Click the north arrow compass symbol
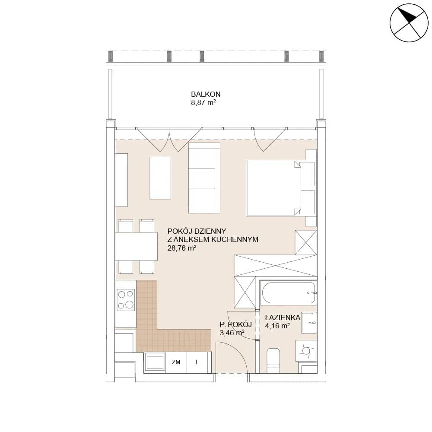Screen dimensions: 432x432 click(409, 23)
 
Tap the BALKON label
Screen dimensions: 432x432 click(206, 94)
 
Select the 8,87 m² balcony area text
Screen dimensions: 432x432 click(203, 103)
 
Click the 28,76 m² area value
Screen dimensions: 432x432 click(182, 248)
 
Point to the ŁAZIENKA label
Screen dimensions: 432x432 click(283, 318)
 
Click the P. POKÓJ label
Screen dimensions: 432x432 click(235, 324)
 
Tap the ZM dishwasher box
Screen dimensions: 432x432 click(176, 362)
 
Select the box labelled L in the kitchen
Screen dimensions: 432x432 click(197, 362)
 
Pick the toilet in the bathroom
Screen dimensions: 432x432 click(273, 360)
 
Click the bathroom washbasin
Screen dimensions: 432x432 click(309, 323)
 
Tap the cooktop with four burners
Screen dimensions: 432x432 click(126, 299)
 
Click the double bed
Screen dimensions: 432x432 click(281, 188)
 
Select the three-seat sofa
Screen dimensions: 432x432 click(204, 178)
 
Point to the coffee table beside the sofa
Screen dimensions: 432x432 click(160, 178)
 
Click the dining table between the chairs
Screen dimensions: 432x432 click(136, 247)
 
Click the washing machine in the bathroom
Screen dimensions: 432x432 click(306, 350)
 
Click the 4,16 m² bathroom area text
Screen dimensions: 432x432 click(277, 326)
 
